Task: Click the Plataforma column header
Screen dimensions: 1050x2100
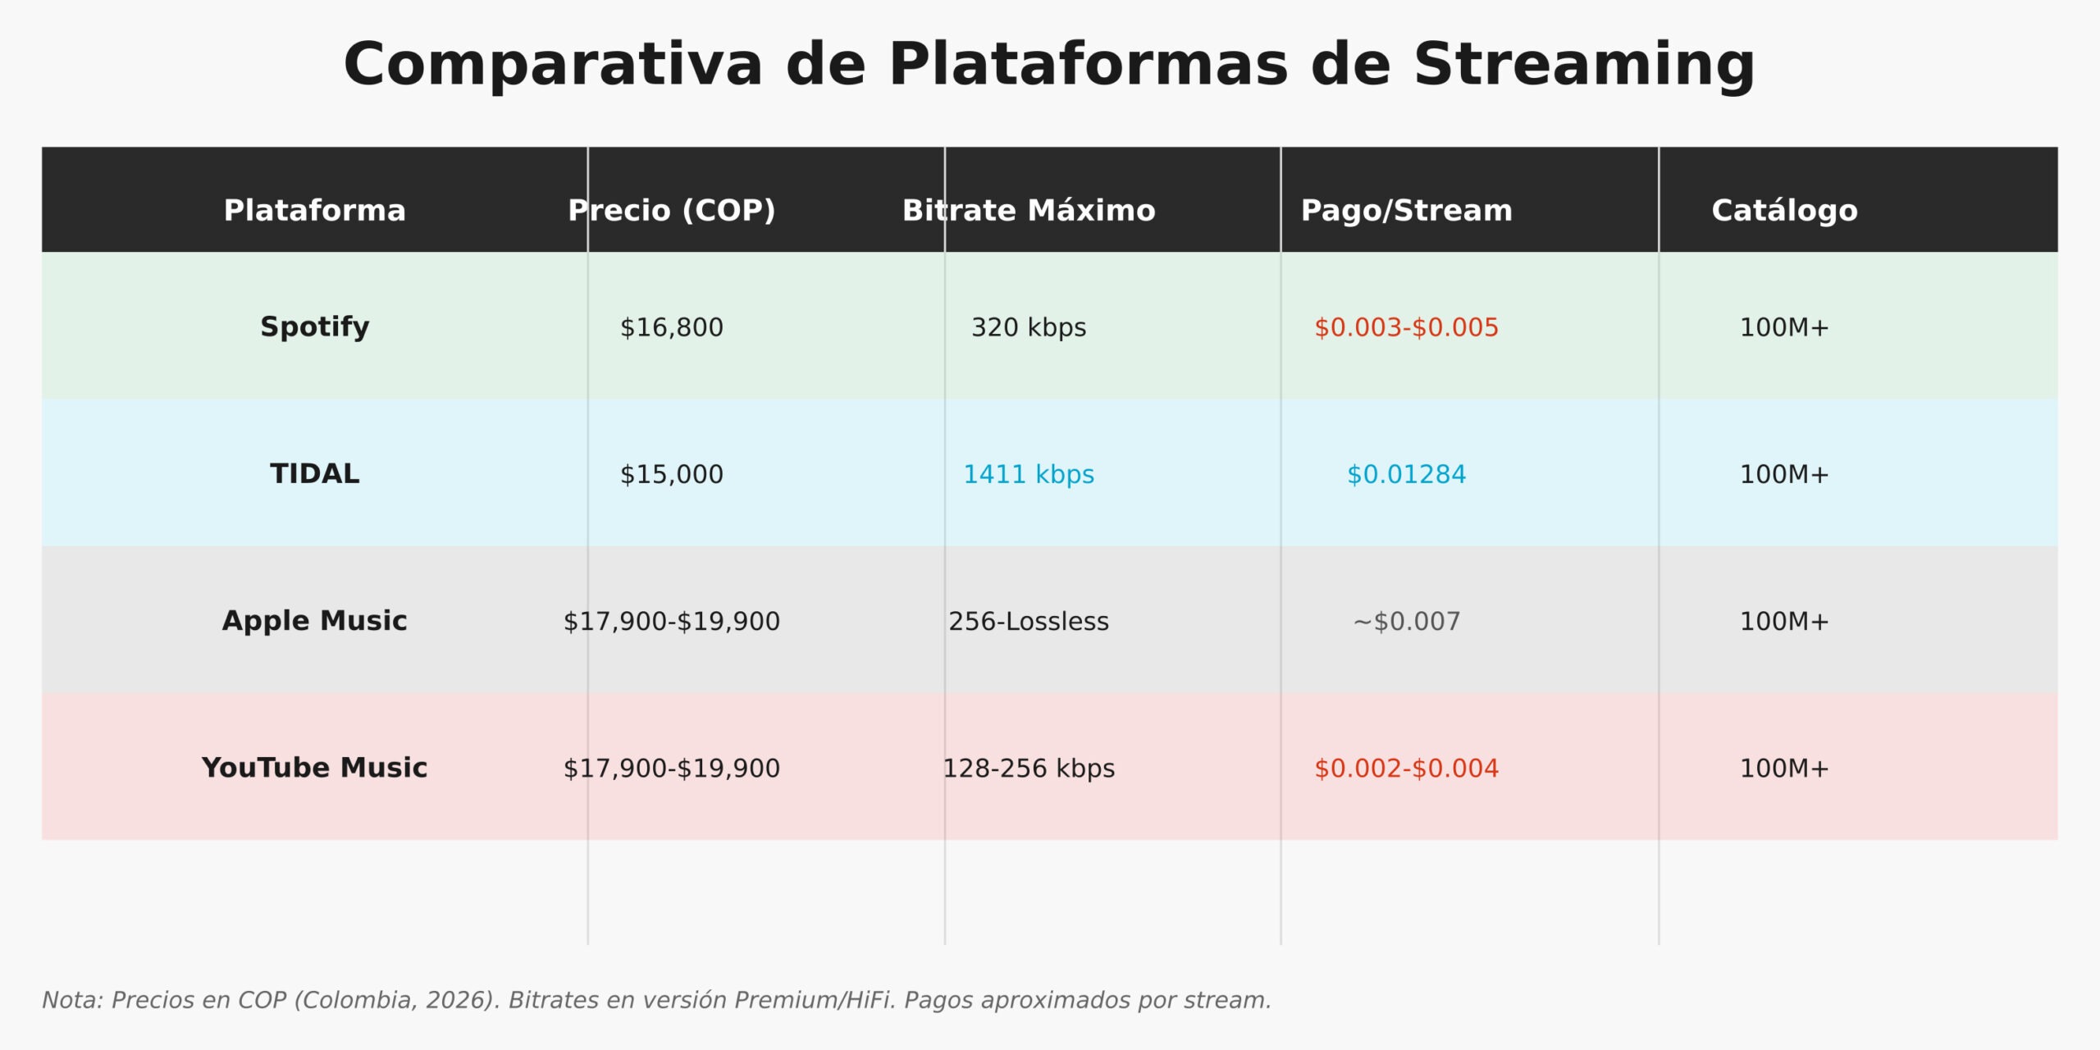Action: (x=314, y=211)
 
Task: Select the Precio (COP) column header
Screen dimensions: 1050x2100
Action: (x=671, y=211)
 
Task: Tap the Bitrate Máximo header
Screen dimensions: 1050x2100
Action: (x=1029, y=211)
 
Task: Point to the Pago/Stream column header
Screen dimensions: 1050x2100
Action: (x=1406, y=211)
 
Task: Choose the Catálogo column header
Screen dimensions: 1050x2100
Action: (x=1784, y=211)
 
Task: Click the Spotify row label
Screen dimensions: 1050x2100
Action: (x=314, y=326)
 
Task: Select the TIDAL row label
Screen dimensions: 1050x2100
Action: (x=314, y=474)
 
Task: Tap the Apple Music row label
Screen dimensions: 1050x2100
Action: (x=314, y=621)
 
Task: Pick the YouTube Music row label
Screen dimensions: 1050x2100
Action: (x=314, y=768)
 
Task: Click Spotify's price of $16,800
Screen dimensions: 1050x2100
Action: (x=671, y=327)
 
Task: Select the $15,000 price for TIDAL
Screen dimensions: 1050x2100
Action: (x=671, y=474)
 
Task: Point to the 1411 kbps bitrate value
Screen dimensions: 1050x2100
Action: (x=1029, y=474)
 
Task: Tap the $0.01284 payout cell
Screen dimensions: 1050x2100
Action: (x=1406, y=474)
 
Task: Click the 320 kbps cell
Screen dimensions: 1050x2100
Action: (x=1029, y=327)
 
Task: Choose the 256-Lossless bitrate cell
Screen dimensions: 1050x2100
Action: (x=1029, y=621)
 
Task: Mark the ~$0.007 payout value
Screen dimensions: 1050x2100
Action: (x=1406, y=621)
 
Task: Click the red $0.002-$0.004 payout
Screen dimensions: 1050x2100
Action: (x=1406, y=768)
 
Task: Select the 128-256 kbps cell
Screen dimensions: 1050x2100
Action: (x=1029, y=768)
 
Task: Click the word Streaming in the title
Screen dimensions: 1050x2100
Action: (x=1584, y=66)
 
